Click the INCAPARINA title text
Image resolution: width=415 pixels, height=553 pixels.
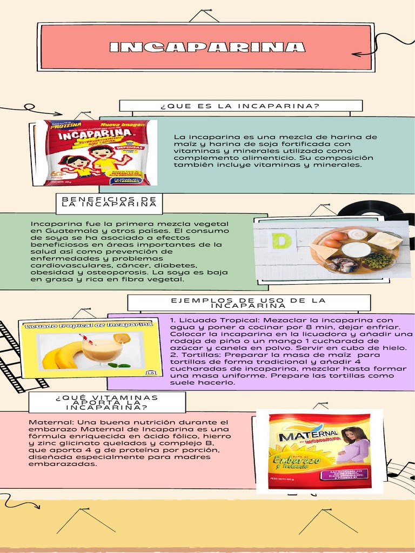pos(207,47)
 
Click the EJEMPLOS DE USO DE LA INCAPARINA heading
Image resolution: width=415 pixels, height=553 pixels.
pos(248,302)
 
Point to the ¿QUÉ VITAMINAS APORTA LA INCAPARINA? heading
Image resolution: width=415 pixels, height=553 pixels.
pos(106,402)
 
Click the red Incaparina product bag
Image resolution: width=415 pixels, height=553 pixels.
pos(97,153)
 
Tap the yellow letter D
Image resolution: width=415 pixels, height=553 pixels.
pos(281,240)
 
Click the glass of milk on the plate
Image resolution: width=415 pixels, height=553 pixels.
pos(356,249)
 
